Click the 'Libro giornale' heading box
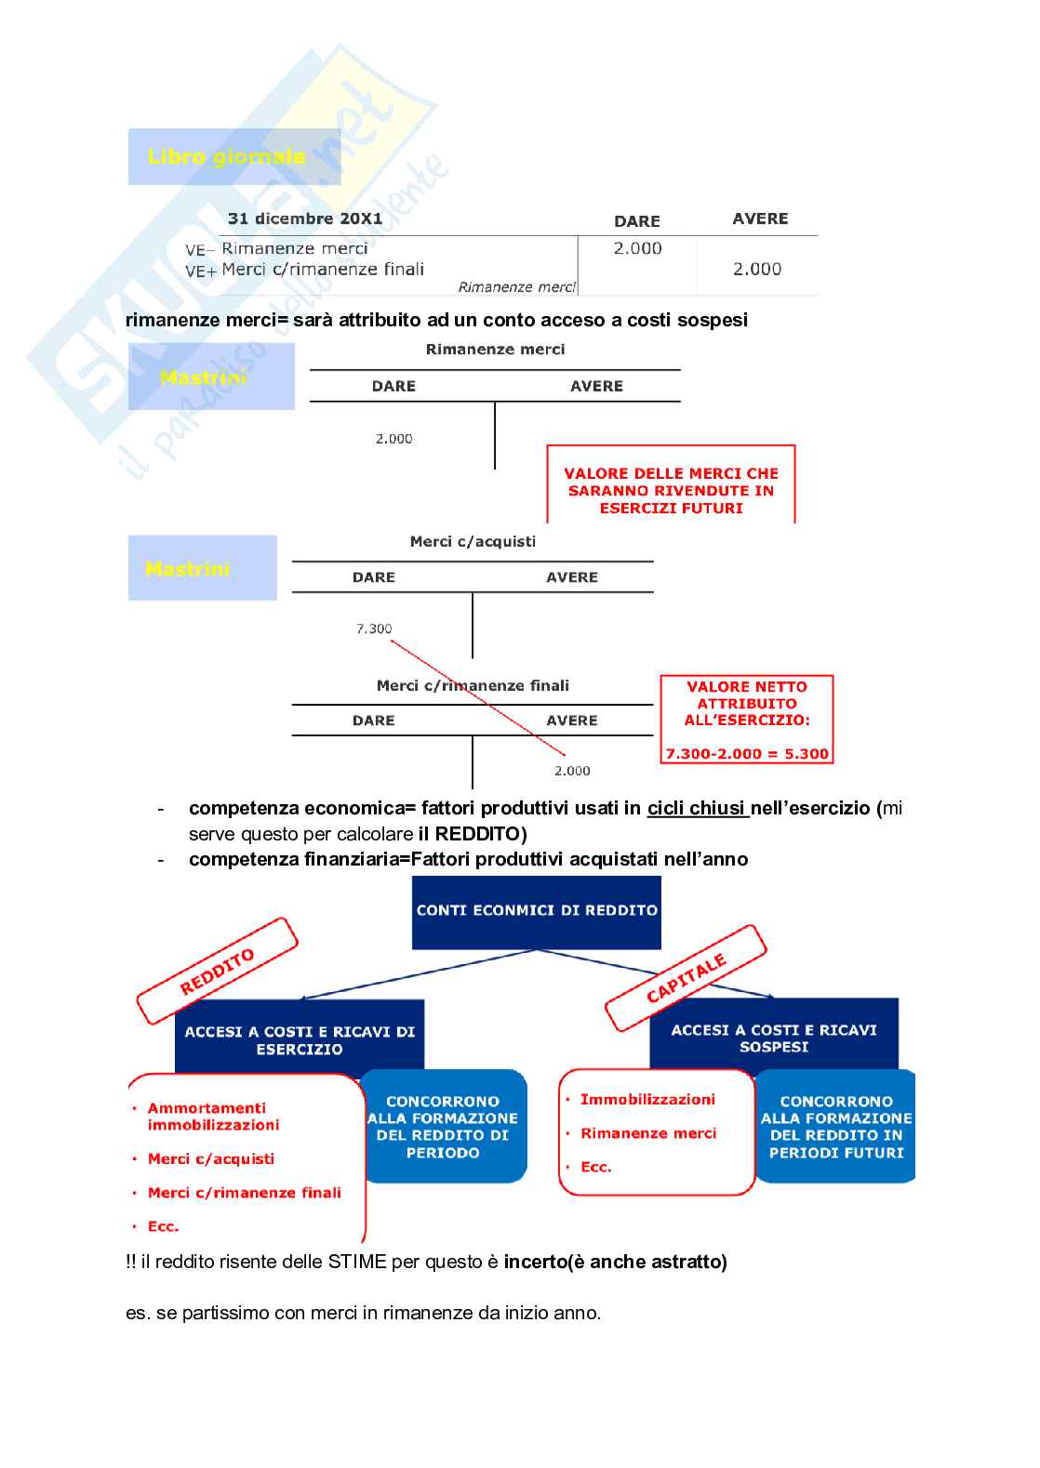[234, 156]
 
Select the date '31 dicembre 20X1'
[305, 218]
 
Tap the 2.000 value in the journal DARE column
[637, 248]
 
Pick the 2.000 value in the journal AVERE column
[756, 269]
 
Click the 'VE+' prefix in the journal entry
[200, 271]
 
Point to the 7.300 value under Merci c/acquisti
[374, 628]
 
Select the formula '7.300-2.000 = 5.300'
[747, 754]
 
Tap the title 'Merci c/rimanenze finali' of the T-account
[473, 685]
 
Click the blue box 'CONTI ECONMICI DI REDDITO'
[537, 911]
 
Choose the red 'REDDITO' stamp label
[217, 971]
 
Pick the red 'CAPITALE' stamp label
[686, 978]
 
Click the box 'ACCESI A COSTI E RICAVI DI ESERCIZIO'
[300, 1039]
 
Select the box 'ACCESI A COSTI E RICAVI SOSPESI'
[774, 1038]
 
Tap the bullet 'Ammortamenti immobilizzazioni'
[213, 1116]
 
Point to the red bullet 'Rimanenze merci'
[648, 1133]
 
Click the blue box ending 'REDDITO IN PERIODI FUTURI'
[836, 1127]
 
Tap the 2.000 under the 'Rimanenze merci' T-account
[393, 438]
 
